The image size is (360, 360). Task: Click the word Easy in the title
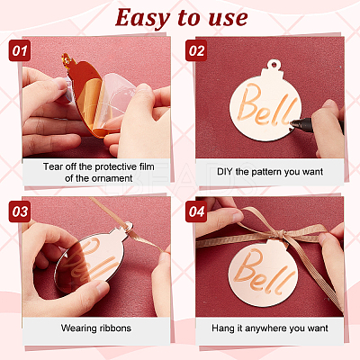pos(142,18)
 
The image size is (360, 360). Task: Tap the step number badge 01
pos(20,50)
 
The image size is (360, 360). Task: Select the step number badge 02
pos(196,50)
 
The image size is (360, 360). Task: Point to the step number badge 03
pos(20,211)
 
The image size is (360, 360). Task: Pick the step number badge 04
pos(196,211)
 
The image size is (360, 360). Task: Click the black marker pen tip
pos(292,122)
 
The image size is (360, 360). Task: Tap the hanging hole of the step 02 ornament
pos(274,64)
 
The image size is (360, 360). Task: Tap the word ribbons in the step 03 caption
pos(115,328)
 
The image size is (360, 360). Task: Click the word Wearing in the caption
pos(79,328)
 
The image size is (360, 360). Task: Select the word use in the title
pos(228,19)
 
